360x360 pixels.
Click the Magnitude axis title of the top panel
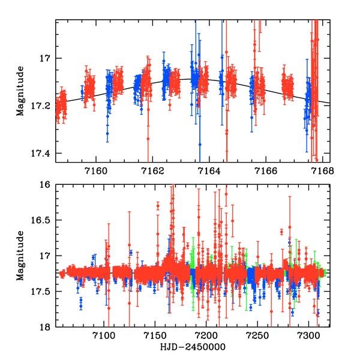[21, 90]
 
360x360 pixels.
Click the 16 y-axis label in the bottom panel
[47, 185]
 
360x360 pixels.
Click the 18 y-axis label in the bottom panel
[47, 327]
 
